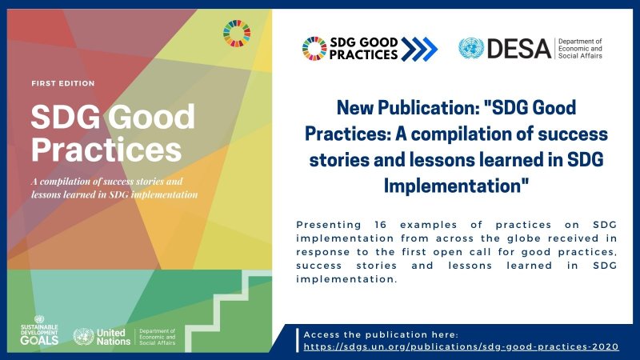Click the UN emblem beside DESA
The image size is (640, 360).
click(471, 49)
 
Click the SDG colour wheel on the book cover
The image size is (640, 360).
click(237, 34)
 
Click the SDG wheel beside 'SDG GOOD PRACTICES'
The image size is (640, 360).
click(314, 50)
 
